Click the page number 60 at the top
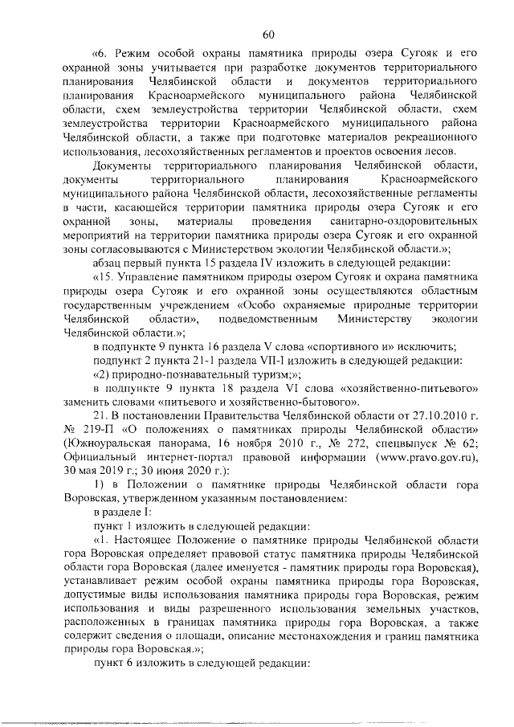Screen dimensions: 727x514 268,33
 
